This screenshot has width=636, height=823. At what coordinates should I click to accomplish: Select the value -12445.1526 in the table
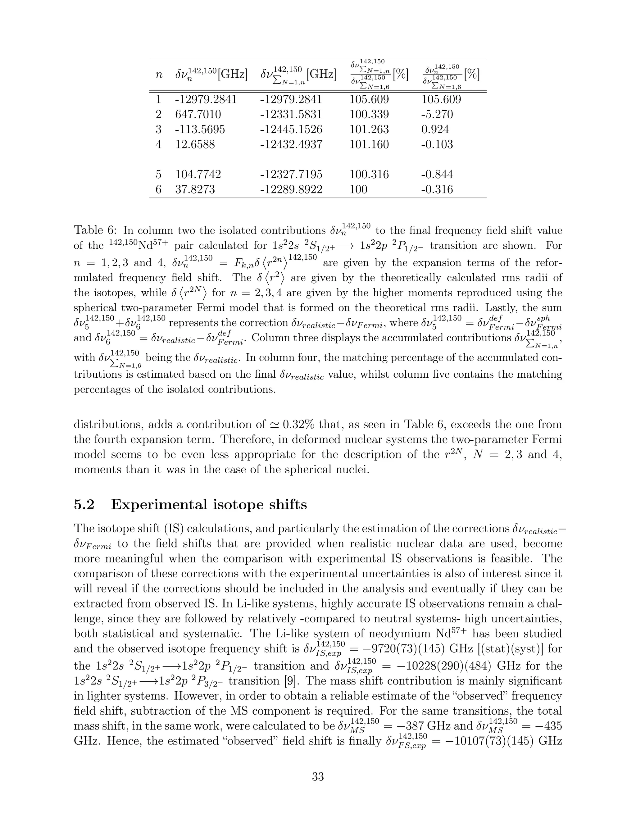[x=291, y=130]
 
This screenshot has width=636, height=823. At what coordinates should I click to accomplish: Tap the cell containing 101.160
[x=369, y=145]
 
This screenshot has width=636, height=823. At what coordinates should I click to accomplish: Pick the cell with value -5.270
[x=437, y=115]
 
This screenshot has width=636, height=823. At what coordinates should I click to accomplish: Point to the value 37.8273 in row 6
[x=195, y=189]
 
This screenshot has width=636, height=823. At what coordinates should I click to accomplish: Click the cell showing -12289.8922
[x=291, y=189]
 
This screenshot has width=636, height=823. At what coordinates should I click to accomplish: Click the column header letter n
[x=159, y=75]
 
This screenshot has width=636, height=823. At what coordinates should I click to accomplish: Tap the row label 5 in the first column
[x=158, y=175]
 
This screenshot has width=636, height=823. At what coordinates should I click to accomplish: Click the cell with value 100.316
[x=369, y=175]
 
